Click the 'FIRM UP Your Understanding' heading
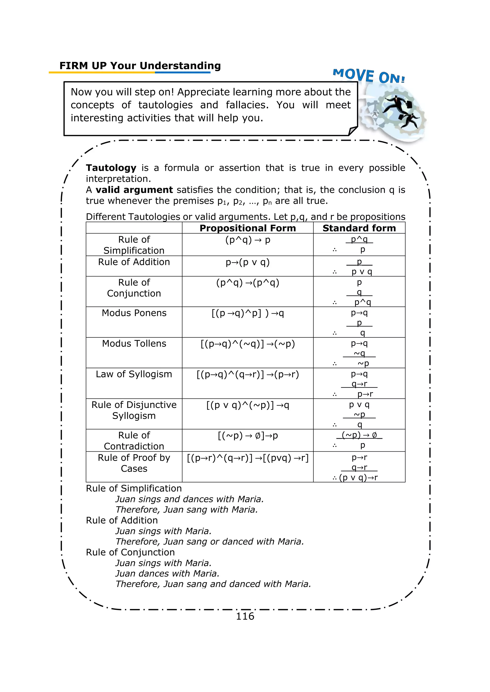tap(140, 66)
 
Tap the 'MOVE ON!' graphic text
tap(368, 76)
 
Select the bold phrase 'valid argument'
tap(134, 190)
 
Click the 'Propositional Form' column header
tap(247, 228)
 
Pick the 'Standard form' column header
tap(359, 228)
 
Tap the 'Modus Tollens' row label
tap(134, 343)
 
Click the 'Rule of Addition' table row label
tap(134, 262)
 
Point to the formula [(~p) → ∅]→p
tap(247, 436)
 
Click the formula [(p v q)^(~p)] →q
tap(247, 405)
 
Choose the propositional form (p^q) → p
tap(247, 240)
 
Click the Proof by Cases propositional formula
tap(247, 458)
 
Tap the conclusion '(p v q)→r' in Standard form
tap(358, 477)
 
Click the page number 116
tap(245, 616)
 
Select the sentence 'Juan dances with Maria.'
tap(167, 573)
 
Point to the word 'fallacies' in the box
tap(247, 105)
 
